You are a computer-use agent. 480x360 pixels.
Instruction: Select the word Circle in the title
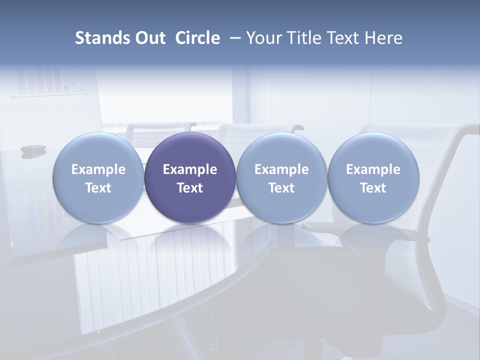point(197,38)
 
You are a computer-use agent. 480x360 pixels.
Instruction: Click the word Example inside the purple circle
point(190,169)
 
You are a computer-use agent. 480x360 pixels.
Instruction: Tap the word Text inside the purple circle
point(190,188)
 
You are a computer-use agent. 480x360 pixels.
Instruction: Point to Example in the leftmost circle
point(98,169)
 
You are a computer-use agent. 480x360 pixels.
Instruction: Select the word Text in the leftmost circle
point(98,188)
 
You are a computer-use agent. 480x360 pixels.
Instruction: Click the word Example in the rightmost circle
point(373,169)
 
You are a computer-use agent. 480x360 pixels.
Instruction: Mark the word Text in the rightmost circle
point(373,188)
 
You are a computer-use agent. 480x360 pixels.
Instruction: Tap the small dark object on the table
point(33,149)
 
